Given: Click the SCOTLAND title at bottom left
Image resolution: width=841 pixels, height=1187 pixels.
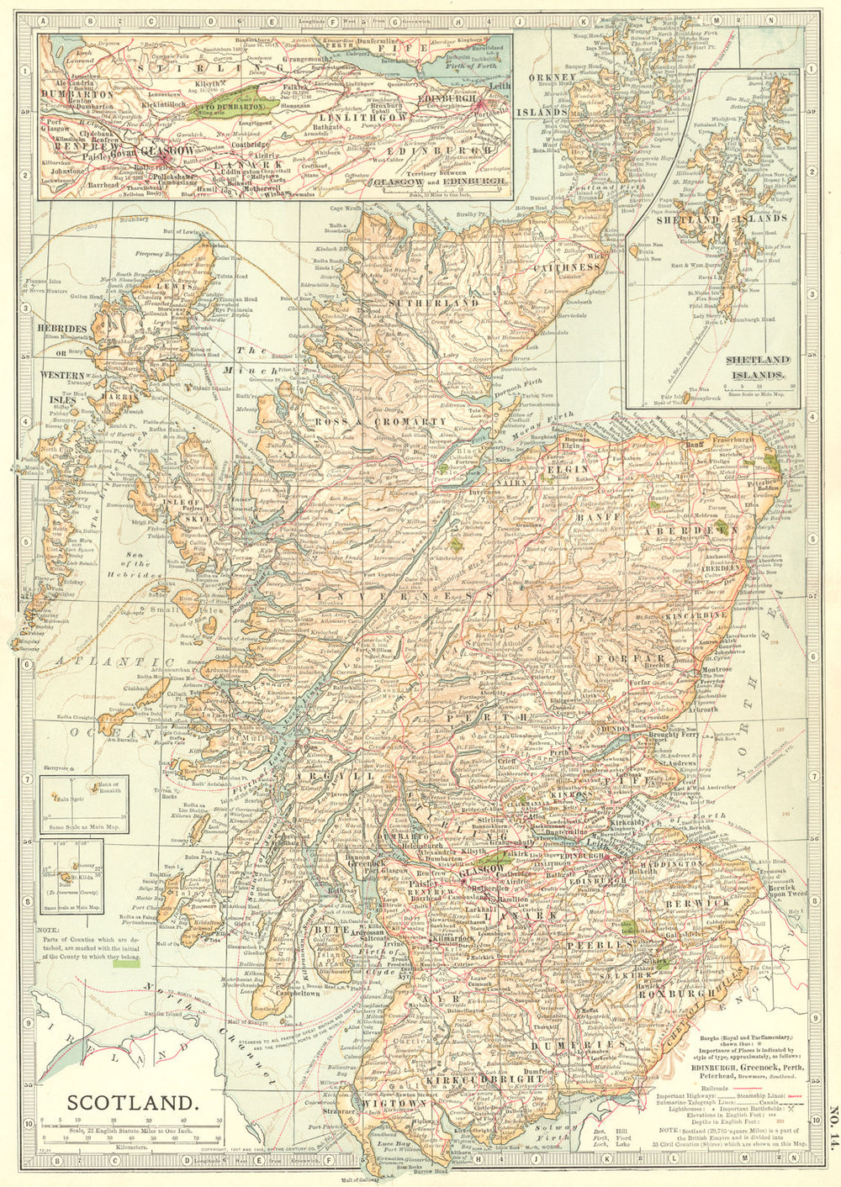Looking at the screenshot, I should click(x=134, y=1102).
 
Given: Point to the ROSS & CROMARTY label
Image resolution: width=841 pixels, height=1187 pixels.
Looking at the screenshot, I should click(x=380, y=421).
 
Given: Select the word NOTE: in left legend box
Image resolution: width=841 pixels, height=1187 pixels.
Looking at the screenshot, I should click(x=50, y=928).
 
